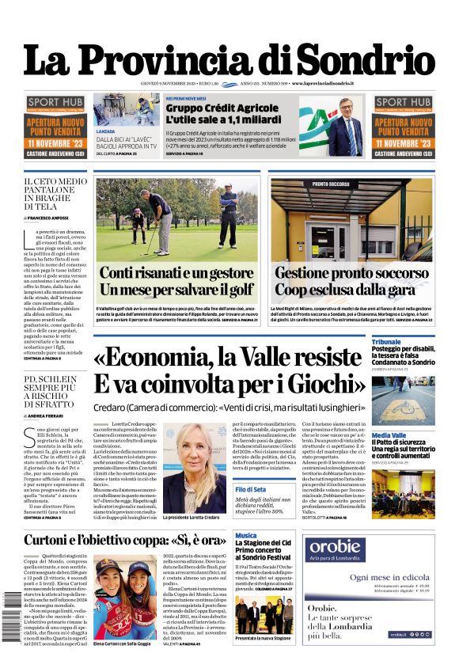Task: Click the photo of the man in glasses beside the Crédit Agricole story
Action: (346, 127)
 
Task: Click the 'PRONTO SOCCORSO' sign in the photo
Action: (332, 184)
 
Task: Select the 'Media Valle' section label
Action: (389, 435)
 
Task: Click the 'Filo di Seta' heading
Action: (251, 490)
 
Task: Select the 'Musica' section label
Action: (245, 536)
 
